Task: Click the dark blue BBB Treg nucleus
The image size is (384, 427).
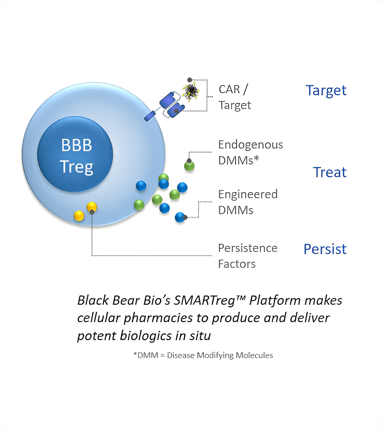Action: click(75, 154)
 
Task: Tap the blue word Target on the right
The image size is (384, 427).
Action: click(326, 91)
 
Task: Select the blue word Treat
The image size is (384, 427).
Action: click(329, 172)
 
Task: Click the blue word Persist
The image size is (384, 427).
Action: click(325, 249)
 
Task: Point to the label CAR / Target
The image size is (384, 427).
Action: click(235, 97)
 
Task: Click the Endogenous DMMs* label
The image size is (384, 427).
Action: click(250, 152)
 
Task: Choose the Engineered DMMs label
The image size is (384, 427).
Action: click(248, 202)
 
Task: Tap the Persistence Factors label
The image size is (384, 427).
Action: click(247, 256)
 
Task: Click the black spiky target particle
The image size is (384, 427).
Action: click(191, 91)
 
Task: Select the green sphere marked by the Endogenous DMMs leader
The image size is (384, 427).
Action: click(189, 166)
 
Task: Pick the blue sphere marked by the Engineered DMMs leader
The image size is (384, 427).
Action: click(180, 217)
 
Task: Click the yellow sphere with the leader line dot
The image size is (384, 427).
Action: click(92, 207)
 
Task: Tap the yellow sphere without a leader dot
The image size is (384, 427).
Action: click(79, 216)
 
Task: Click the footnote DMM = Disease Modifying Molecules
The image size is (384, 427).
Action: click(204, 355)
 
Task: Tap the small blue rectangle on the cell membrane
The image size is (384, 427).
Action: click(150, 116)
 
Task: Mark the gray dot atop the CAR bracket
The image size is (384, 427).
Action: click(190, 80)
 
